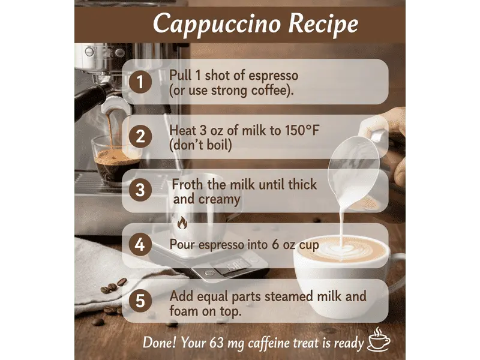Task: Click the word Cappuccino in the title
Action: (x=209, y=25)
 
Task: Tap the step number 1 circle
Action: (x=140, y=82)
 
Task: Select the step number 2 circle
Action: (x=140, y=136)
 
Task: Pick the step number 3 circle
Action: (x=140, y=191)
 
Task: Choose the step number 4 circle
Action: (x=140, y=245)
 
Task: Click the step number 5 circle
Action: (x=140, y=301)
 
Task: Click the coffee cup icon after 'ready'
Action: (x=379, y=340)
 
